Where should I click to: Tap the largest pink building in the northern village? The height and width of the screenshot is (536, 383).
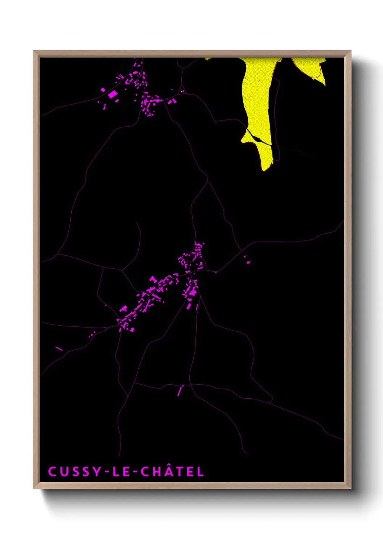pos(113,95)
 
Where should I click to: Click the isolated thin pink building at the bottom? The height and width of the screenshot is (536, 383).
pos(180,391)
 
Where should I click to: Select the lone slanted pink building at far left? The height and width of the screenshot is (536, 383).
pos(59,348)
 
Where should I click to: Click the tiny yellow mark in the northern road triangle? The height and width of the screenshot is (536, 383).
pos(183,92)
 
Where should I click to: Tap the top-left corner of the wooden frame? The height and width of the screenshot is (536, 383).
pos(34,51)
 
